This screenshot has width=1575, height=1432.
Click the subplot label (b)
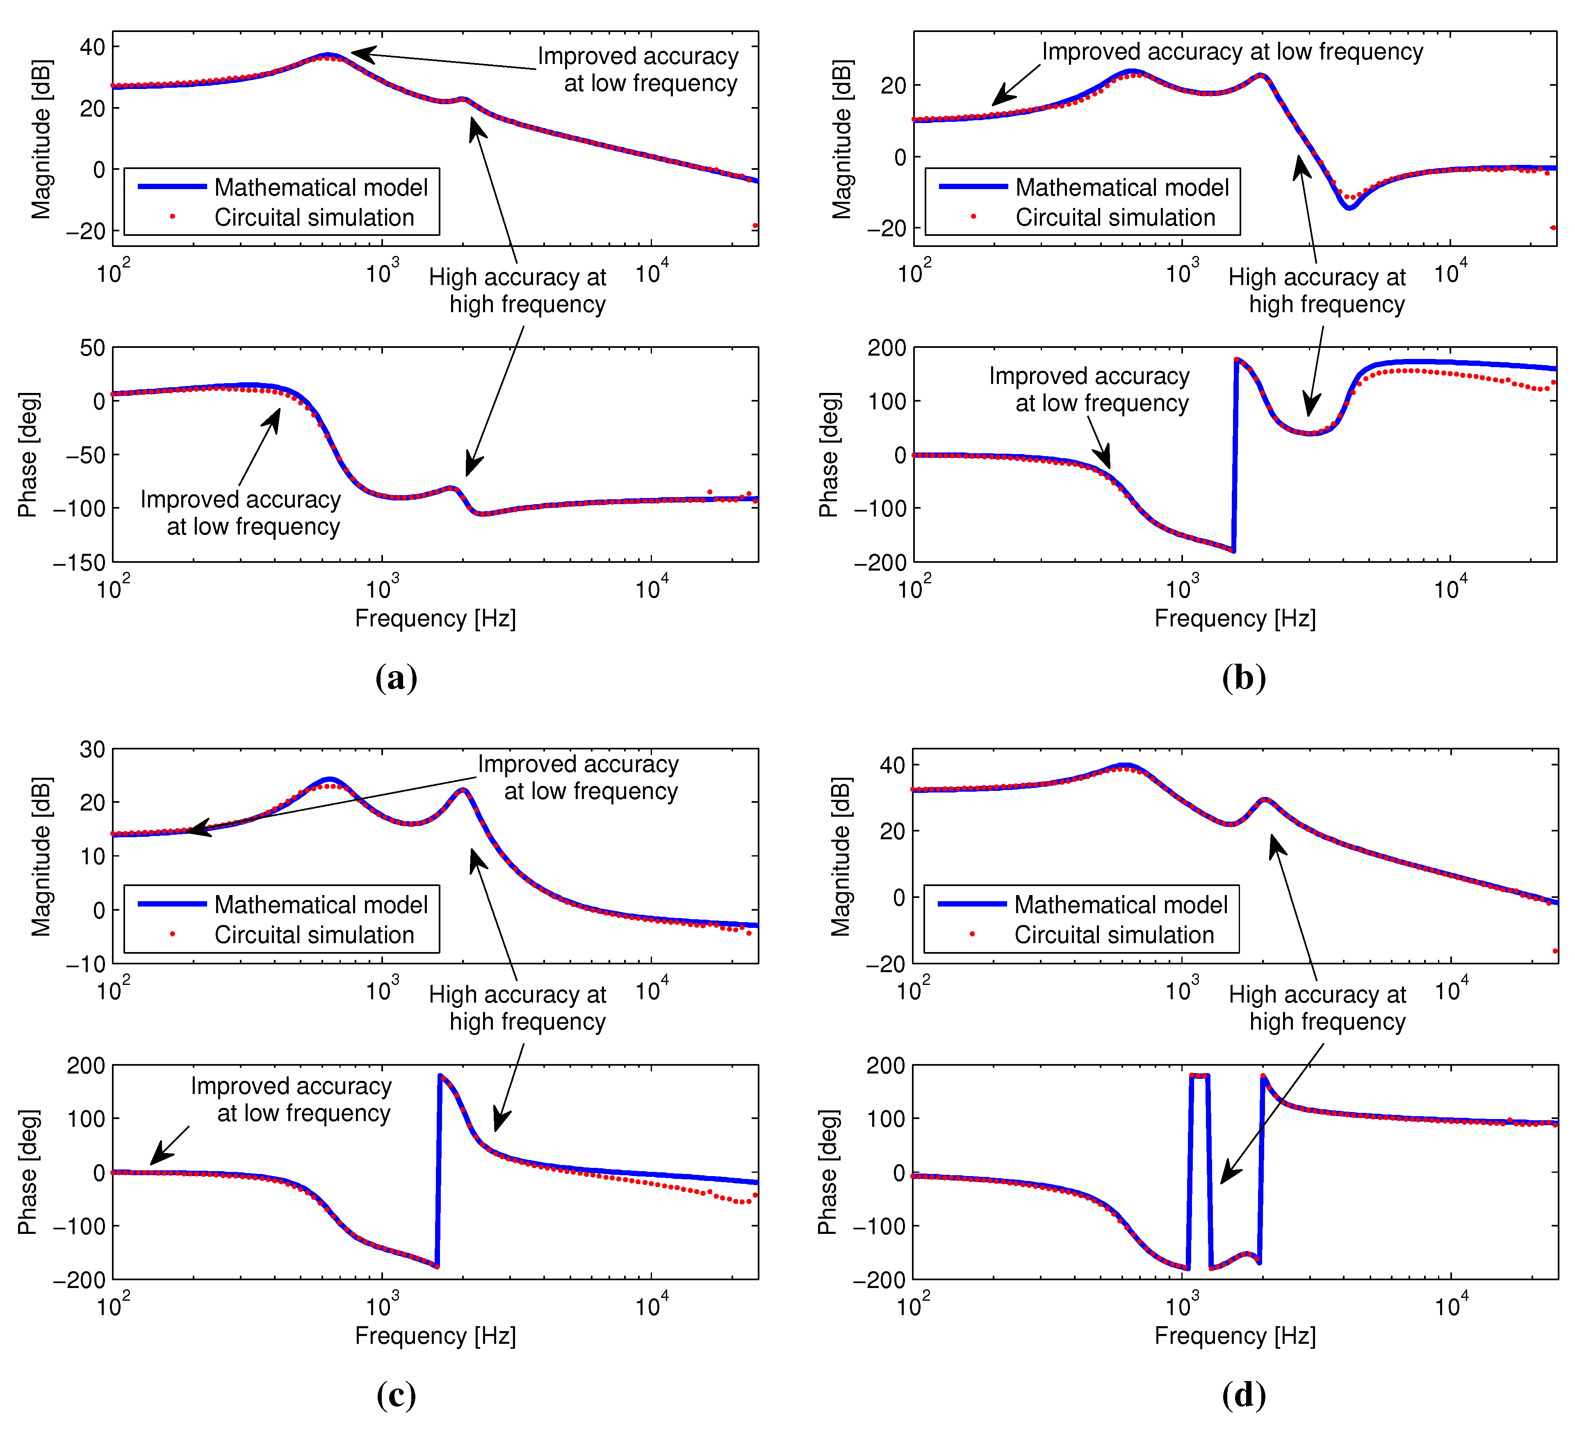(x=1244, y=678)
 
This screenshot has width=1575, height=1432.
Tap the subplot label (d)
(x=1244, y=1395)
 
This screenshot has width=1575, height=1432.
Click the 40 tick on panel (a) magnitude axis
(x=92, y=47)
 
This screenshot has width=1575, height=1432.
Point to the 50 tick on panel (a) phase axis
(x=92, y=348)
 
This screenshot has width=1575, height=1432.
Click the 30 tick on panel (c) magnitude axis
(x=92, y=749)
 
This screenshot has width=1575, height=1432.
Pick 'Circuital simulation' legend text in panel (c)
(x=314, y=935)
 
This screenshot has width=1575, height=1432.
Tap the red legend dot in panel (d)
(x=972, y=934)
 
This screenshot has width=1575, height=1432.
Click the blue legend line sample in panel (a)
(x=172, y=187)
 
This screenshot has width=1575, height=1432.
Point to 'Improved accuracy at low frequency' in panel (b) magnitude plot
(x=1232, y=52)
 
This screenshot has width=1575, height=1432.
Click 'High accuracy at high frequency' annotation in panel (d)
(x=1317, y=1008)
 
